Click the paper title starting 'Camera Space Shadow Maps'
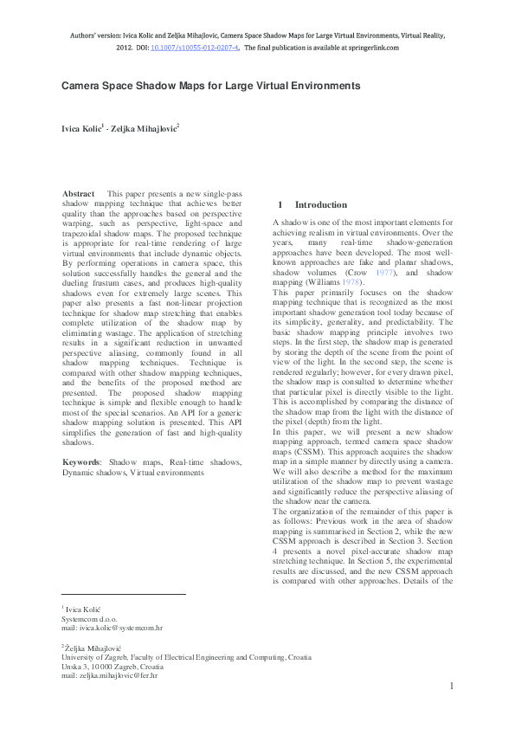pos(209,87)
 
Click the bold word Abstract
pos(80,193)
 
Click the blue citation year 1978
pos(351,282)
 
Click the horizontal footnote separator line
pos(123,595)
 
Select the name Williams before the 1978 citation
pos(319,282)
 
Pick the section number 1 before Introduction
pos(280,205)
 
